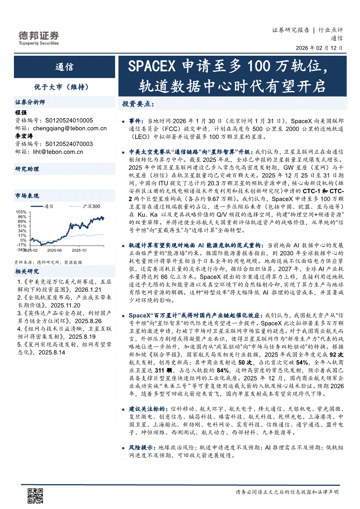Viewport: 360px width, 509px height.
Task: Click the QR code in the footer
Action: pos(36,496)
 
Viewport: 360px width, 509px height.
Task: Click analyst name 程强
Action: pos(21,112)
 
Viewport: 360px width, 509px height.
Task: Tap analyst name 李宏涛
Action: pos(24,136)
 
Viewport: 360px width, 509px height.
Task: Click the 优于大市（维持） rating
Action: pos(65,87)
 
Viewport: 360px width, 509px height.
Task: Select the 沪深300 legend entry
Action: pos(87,206)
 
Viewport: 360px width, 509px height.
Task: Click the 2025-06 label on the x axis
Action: pos(54,250)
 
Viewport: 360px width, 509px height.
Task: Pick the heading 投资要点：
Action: pos(138,104)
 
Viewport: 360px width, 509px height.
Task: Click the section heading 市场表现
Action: pos(27,196)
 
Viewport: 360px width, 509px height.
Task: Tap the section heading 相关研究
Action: pos(27,271)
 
